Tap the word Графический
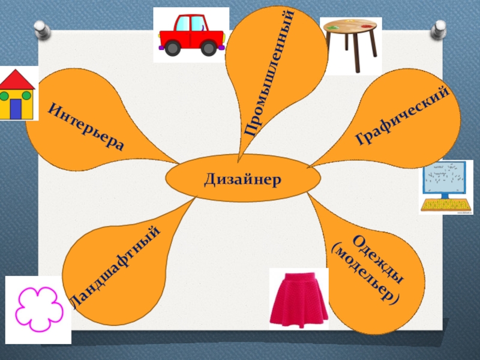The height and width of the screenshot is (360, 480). point(403,116)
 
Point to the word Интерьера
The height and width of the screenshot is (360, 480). point(86,127)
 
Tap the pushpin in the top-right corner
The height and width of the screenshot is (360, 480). point(440,27)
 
